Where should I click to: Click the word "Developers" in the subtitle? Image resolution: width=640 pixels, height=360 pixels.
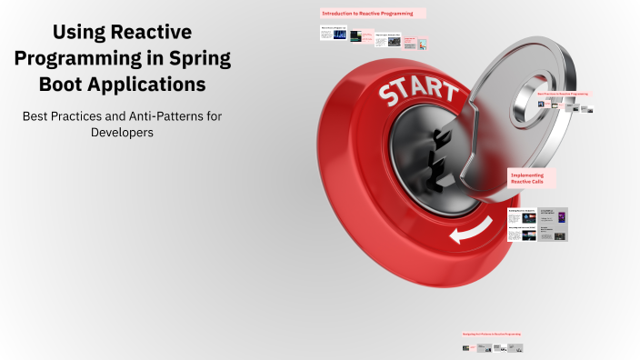tap(122, 133)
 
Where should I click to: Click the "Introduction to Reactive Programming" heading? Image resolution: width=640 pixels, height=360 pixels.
tap(373, 15)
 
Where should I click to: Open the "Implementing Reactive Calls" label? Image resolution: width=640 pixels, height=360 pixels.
tap(532, 177)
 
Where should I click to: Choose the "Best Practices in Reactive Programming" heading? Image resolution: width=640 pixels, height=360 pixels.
tap(563, 94)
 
